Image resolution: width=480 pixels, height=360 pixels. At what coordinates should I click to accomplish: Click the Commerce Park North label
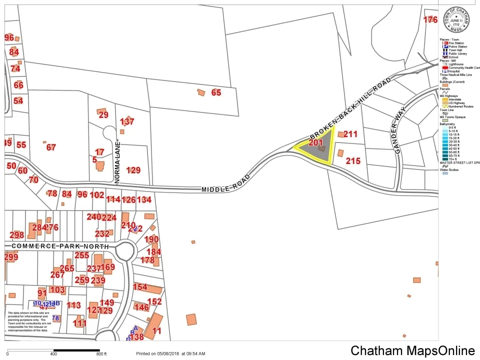[59, 246]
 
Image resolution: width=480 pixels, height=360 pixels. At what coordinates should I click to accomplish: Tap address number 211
[351, 134]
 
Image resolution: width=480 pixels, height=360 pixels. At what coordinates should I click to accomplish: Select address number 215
[353, 161]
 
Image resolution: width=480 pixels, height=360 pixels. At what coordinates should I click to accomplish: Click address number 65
[216, 92]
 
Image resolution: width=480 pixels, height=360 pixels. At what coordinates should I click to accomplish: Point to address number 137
[127, 121]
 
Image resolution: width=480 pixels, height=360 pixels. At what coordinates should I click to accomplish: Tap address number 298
[17, 235]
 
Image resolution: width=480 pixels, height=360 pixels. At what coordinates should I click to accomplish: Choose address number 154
[140, 286]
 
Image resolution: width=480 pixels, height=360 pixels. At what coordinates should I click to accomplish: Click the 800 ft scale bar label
[101, 354]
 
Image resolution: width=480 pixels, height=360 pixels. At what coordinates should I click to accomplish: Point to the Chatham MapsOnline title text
[412, 351]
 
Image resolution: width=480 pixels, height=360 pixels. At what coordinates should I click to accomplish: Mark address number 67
[51, 147]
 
